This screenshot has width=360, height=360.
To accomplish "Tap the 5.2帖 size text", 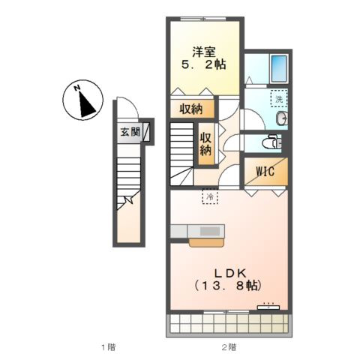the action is [x=204, y=64].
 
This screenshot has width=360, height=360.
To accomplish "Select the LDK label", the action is [x=230, y=273].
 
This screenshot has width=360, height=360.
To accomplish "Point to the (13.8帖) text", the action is [x=228, y=285].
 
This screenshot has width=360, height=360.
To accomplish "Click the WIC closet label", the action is [x=265, y=172].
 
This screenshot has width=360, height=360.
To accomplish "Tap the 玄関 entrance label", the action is [x=130, y=132].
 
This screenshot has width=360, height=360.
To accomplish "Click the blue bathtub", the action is [x=279, y=68].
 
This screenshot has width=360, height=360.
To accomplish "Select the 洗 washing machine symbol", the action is [x=279, y=99].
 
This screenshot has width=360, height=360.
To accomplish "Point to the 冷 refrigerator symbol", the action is [x=210, y=196].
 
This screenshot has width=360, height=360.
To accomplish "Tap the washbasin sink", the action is [x=282, y=118].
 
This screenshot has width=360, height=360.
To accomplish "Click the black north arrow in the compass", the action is [x=86, y=104].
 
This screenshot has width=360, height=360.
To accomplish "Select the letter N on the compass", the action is [x=76, y=88].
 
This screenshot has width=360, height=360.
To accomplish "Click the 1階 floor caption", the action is [x=108, y=347].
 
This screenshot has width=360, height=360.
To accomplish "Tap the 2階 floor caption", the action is [x=229, y=347].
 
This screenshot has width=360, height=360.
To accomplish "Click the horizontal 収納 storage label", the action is [x=191, y=109].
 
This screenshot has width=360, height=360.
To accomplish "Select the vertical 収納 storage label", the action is [x=205, y=144].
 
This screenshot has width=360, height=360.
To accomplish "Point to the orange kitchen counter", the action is [x=206, y=243].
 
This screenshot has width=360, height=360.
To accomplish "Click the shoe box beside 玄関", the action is [x=146, y=130].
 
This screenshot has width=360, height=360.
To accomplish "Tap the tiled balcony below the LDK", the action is [x=229, y=324].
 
